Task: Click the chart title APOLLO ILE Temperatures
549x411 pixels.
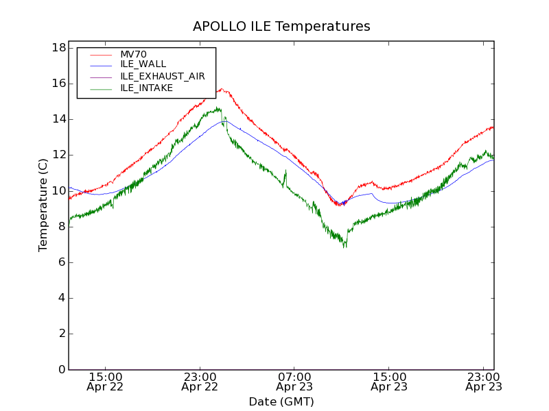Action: pyautogui.click(x=281, y=27)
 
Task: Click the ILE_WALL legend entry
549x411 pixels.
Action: pyautogui.click(x=143, y=64)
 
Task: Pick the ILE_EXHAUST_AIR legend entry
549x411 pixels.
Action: pyautogui.click(x=162, y=76)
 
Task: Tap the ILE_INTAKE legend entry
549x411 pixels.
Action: pyautogui.click(x=146, y=88)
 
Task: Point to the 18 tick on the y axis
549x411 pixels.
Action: pyautogui.click(x=58, y=48)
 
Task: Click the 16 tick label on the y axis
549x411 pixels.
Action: pyautogui.click(x=58, y=84)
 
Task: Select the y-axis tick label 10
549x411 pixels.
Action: pyautogui.click(x=58, y=190)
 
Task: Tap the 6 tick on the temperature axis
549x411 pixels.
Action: pyautogui.click(x=61, y=262)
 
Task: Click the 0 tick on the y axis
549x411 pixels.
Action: pyautogui.click(x=61, y=369)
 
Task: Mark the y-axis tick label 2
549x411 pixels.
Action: pyautogui.click(x=61, y=334)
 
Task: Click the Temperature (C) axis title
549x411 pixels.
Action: pyautogui.click(x=43, y=206)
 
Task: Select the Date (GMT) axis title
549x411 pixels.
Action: pyautogui.click(x=281, y=401)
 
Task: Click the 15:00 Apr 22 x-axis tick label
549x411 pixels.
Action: pyautogui.click(x=106, y=382)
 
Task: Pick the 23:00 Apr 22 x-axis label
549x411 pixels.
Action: pyautogui.click(x=200, y=382)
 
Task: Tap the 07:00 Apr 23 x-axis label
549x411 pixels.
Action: pyautogui.click(x=294, y=382)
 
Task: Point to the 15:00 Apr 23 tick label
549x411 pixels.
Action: pyautogui.click(x=389, y=382)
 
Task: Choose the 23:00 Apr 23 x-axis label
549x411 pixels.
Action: pyautogui.click(x=483, y=382)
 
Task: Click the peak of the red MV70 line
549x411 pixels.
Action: pyautogui.click(x=222, y=88)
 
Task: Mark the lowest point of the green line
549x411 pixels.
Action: pyautogui.click(x=344, y=247)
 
